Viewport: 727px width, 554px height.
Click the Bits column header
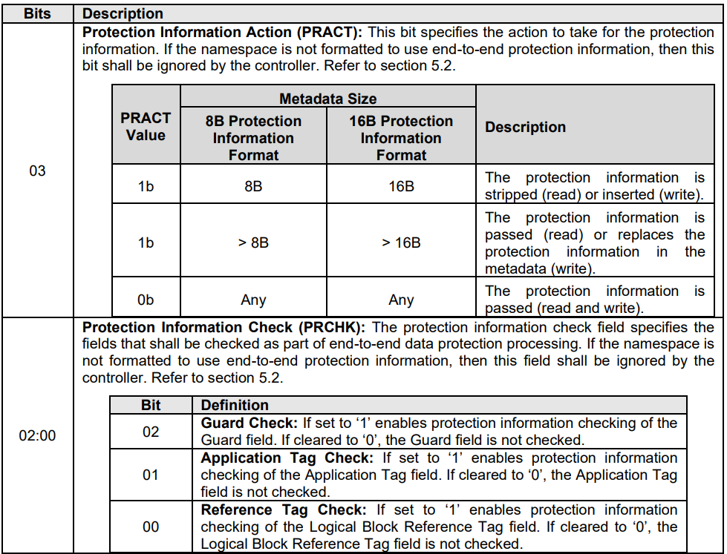tap(37, 13)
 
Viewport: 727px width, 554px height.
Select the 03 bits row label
tap(37, 171)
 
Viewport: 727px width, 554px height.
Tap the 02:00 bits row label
tap(37, 435)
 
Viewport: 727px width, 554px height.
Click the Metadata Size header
tap(327, 99)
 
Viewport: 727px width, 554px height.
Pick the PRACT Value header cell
tap(146, 127)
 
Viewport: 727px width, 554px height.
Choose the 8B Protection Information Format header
tap(253, 138)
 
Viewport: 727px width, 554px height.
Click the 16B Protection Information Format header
tap(401, 138)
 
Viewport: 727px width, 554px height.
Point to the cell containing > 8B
tap(253, 243)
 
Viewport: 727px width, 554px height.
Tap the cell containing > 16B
tap(401, 243)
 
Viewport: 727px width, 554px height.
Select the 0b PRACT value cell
tap(146, 300)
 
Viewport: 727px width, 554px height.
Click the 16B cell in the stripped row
tap(401, 186)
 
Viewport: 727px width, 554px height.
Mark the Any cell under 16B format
tap(401, 300)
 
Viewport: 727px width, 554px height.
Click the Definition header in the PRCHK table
tap(235, 405)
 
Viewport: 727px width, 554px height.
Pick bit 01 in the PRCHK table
tap(151, 475)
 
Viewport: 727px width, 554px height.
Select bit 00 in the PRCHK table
tap(151, 527)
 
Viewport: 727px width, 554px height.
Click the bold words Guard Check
tap(249, 423)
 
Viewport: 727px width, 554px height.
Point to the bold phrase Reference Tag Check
tap(284, 510)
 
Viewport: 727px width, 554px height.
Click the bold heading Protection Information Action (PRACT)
tap(223, 33)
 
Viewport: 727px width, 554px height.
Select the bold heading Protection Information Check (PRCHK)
tap(224, 328)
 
